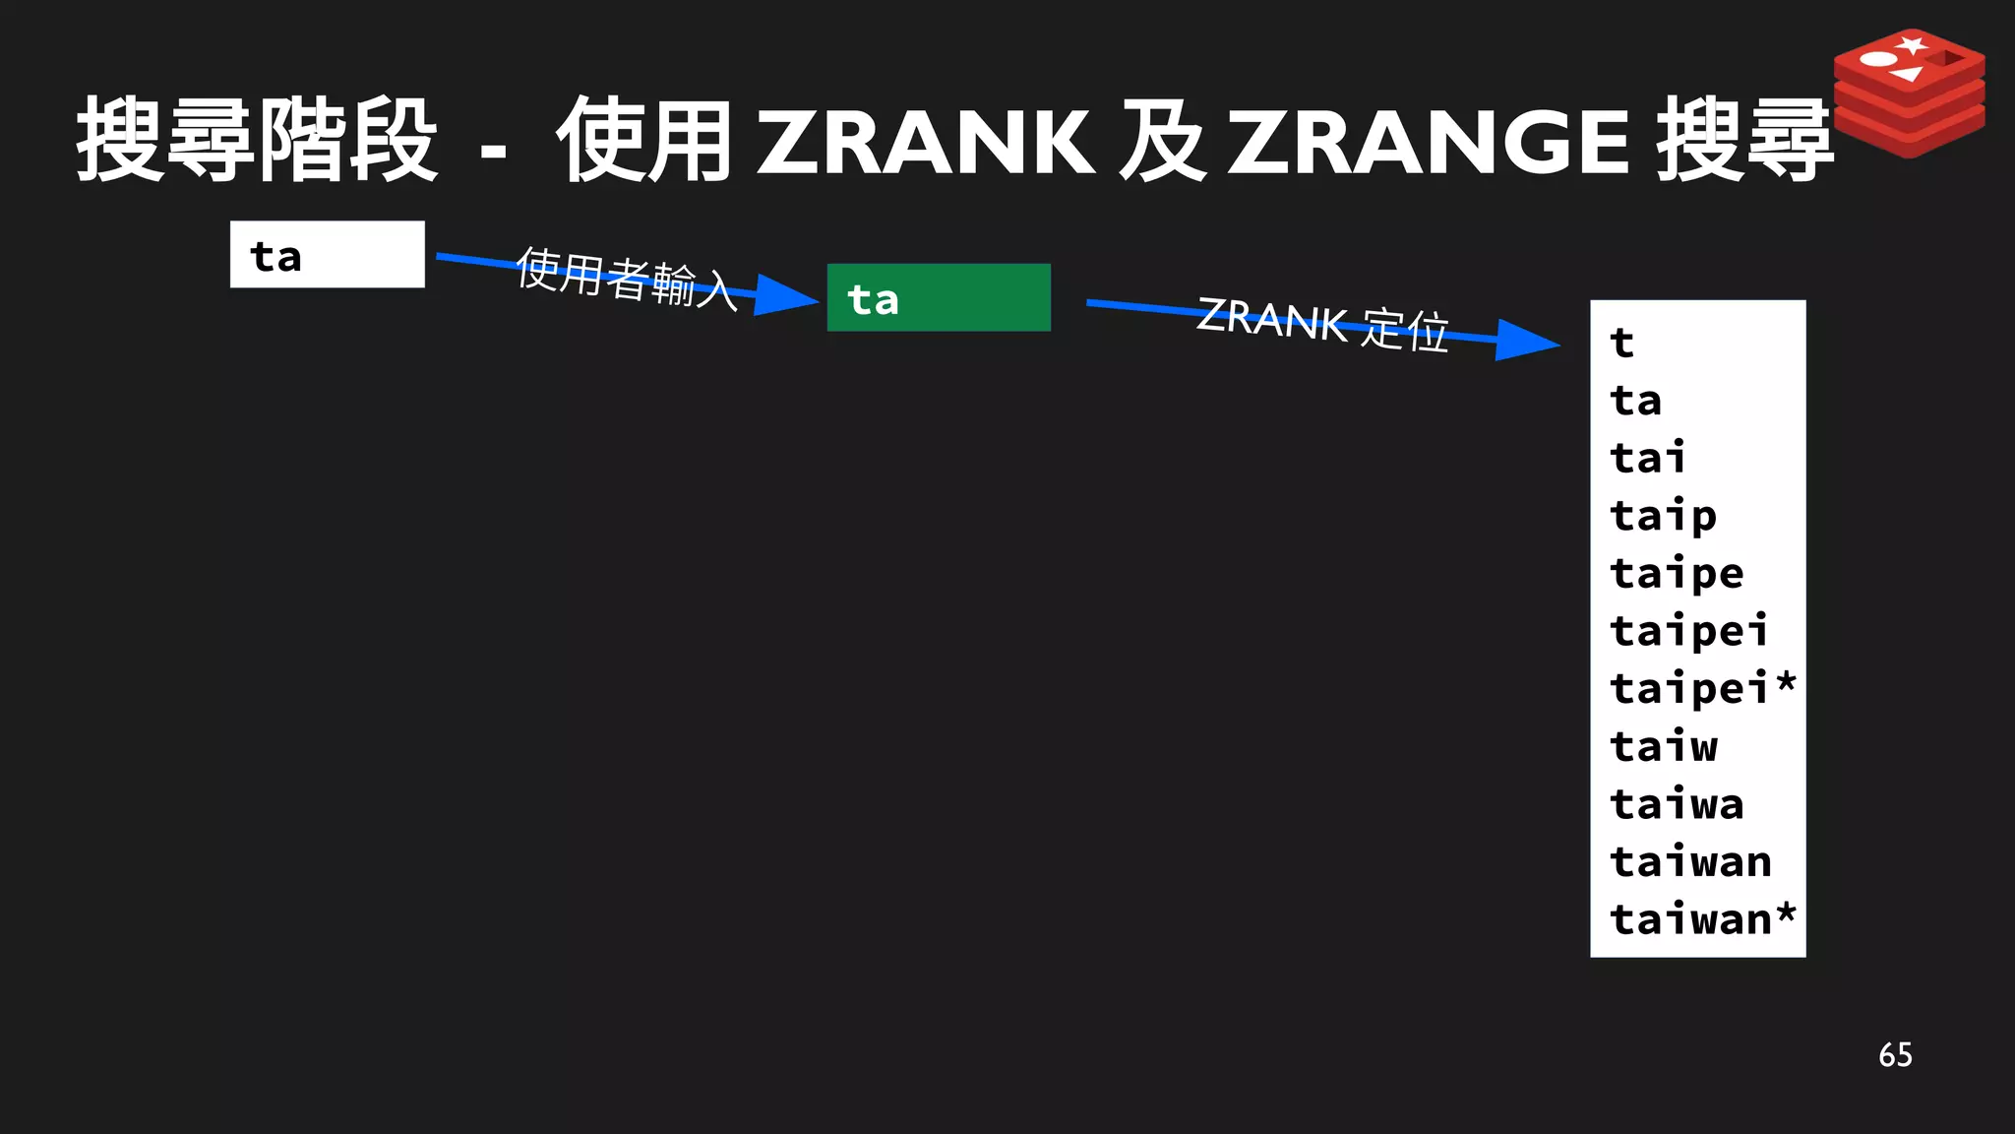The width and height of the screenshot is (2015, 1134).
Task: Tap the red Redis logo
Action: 1909,93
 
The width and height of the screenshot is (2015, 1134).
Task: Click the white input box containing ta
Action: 327,255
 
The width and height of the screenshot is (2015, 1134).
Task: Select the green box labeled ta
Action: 939,298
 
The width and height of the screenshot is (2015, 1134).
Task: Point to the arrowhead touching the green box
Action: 787,295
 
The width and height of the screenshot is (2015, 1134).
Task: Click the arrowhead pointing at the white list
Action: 1527,341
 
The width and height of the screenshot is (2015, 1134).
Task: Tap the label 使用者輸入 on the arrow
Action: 627,279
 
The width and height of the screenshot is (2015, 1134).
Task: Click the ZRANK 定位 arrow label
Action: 1322,324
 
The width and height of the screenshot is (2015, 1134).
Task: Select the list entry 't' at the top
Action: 1622,343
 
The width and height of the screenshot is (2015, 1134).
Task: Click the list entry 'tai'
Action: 1648,458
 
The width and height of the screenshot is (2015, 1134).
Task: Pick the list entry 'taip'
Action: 1663,516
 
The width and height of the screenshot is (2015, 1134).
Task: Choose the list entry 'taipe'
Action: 1677,573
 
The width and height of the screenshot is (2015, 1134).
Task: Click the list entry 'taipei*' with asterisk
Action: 1702,688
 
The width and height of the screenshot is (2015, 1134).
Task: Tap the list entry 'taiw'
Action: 1664,746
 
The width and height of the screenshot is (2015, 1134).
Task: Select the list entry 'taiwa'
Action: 1677,804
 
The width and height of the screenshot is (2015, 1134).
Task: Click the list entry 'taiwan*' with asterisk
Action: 1702,919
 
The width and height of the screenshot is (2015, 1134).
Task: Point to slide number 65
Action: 1895,1055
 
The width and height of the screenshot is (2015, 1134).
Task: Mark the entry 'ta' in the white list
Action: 1635,401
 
